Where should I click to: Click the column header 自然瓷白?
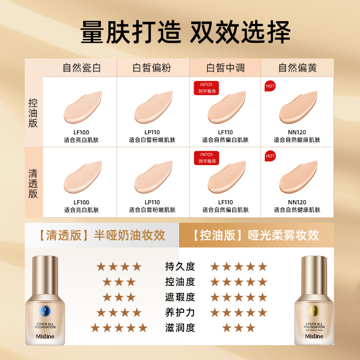[x=81, y=68]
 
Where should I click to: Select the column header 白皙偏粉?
[x=152, y=68]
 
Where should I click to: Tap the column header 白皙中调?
[x=225, y=68]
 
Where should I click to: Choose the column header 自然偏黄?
[x=297, y=68]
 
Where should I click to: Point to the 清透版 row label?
[x=33, y=184]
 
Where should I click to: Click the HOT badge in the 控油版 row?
[x=270, y=86]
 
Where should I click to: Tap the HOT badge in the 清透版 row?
[x=270, y=156]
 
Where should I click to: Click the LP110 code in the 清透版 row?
[x=152, y=202]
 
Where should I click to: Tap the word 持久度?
[x=180, y=266]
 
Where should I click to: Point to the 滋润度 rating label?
[x=180, y=328]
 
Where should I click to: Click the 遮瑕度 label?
[x=180, y=297]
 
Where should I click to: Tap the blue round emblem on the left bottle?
[x=45, y=310]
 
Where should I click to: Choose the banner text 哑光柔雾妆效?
[x=283, y=235]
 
